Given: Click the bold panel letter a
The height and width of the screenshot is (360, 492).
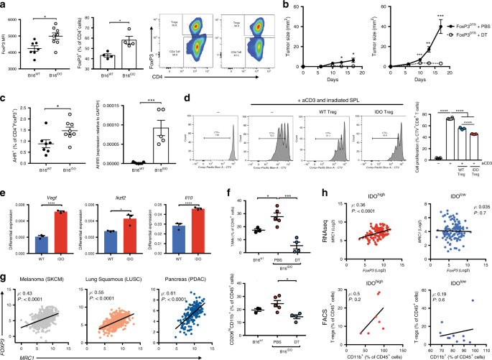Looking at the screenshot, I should click(x=4, y=5).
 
